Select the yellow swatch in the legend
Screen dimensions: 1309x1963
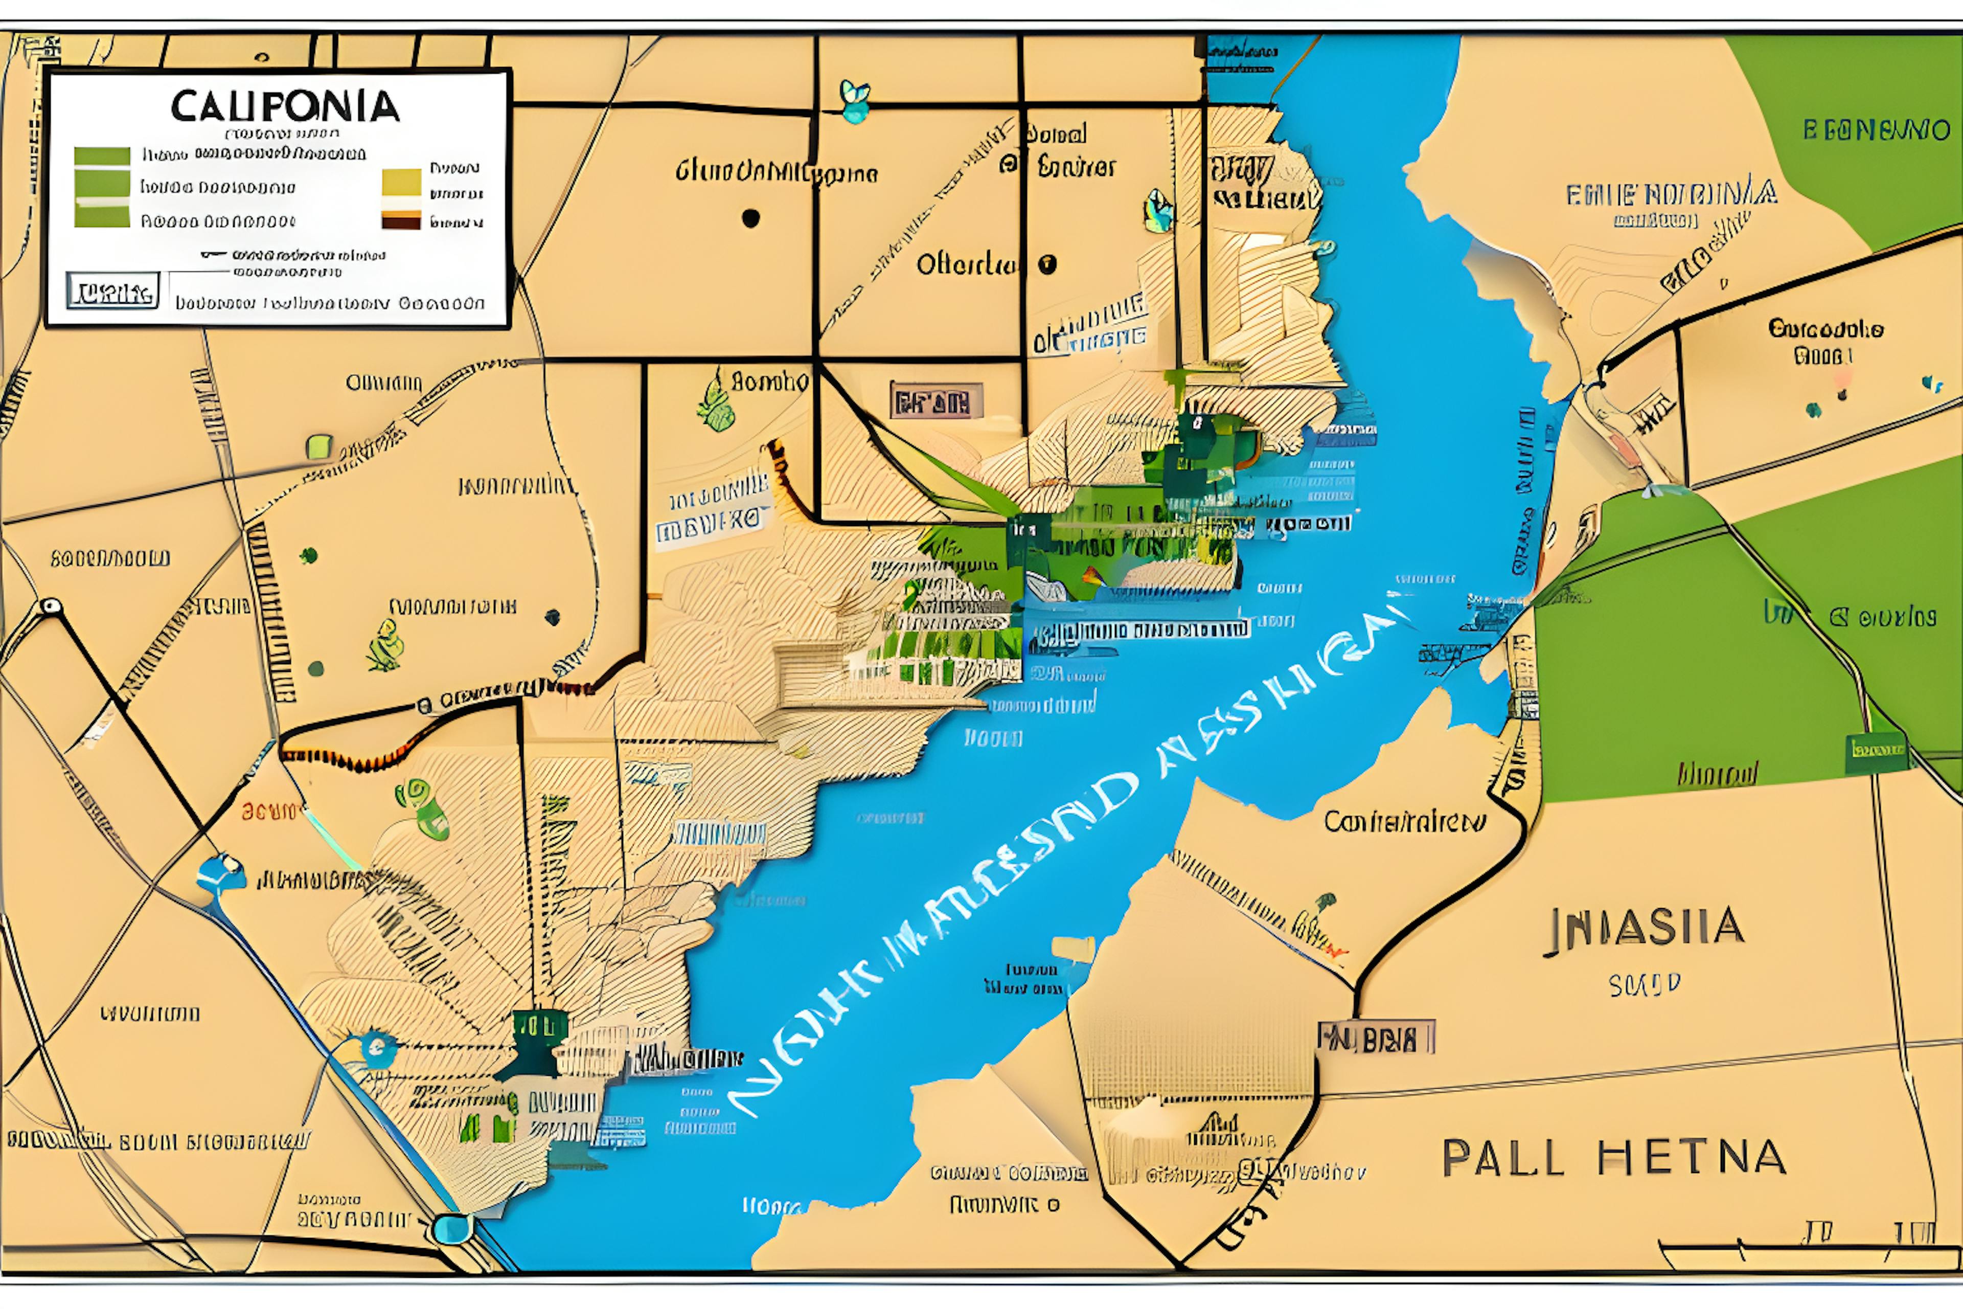(x=401, y=181)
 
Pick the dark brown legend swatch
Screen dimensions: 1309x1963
(x=401, y=220)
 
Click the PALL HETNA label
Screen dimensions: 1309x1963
(x=1613, y=1158)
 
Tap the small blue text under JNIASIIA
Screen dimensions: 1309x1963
(x=1644, y=986)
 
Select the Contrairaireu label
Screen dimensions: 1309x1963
(x=1405, y=822)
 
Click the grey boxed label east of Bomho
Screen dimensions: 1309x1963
(x=935, y=401)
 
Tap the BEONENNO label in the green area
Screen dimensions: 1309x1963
(x=1876, y=130)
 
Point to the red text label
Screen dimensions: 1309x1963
(x=269, y=810)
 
